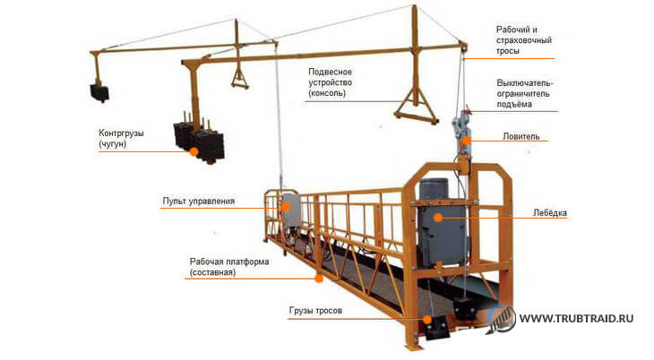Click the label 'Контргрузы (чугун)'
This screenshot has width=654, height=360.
tap(121, 139)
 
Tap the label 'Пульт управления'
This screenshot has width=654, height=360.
tap(199, 201)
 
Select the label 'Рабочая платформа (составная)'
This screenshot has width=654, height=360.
tap(229, 267)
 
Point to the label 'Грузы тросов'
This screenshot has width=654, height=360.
tap(315, 311)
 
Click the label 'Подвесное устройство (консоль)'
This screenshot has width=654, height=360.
tap(330, 82)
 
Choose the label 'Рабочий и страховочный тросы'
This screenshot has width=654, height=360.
tap(523, 40)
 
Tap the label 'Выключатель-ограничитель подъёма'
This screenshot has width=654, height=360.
tap(525, 94)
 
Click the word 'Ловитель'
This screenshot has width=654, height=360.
tap(521, 136)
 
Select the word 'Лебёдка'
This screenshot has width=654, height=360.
tap(550, 213)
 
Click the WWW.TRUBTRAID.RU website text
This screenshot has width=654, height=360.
tap(576, 319)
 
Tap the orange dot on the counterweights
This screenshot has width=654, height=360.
tap(194, 152)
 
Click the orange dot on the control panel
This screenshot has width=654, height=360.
tap(286, 207)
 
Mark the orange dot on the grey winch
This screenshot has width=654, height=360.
tap(437, 218)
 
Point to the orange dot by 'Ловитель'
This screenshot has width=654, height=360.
tap(467, 141)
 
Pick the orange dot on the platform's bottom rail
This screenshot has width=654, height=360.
tap(319, 279)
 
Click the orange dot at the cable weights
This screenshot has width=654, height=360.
tap(427, 320)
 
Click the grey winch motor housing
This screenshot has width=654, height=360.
tap(442, 223)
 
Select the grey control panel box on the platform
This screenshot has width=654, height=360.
tap(291, 210)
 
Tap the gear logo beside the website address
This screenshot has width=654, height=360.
tap(501, 319)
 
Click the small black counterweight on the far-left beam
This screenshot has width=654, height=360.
tap(99, 93)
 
